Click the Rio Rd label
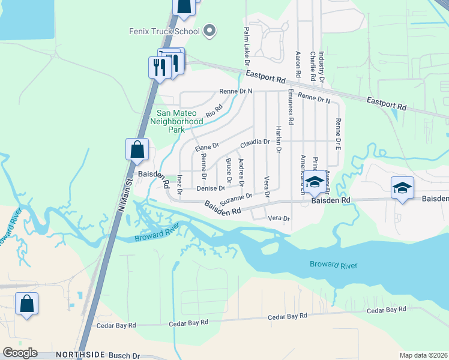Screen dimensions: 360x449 pos(214,111)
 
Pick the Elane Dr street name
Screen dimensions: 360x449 pos(206,146)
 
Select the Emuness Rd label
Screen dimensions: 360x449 pos(291,107)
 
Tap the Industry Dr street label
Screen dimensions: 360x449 pos(322,67)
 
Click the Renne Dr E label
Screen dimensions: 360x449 pos(339,133)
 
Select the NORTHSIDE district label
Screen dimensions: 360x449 pos(80,355)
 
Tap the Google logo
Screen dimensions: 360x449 pos(20,353)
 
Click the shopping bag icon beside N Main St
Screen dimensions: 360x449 pos(137,150)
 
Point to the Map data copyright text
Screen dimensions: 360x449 pos(423,355)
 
